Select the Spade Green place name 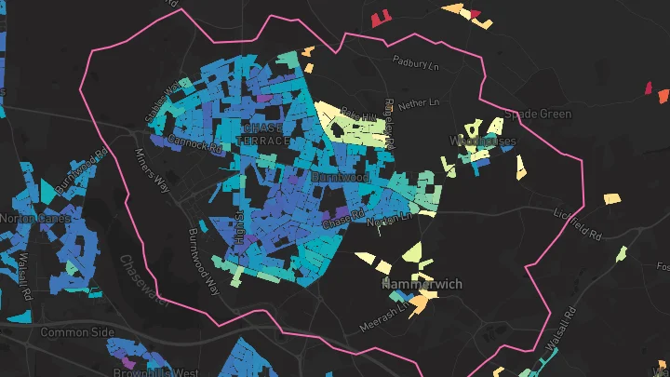pyautogui.click(x=538, y=114)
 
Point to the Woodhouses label pyautogui.click(x=483, y=141)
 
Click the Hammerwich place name pyautogui.click(x=422, y=285)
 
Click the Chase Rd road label pyautogui.click(x=343, y=221)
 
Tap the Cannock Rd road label pyautogui.click(x=197, y=145)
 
